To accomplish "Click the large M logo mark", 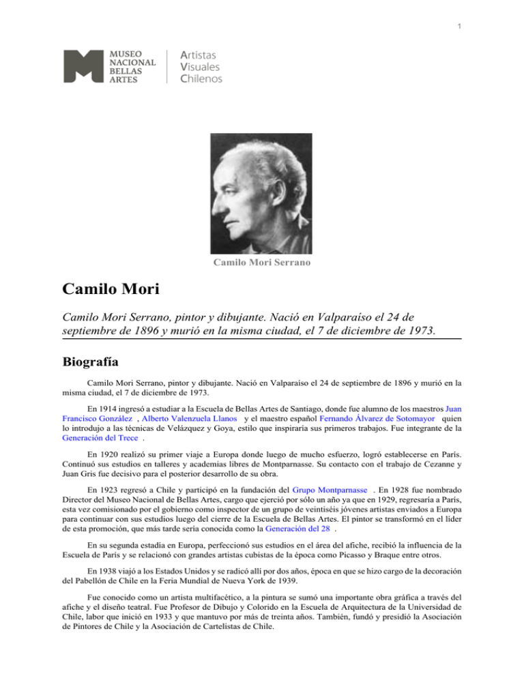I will [83, 66].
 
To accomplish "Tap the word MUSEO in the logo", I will [128, 52].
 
